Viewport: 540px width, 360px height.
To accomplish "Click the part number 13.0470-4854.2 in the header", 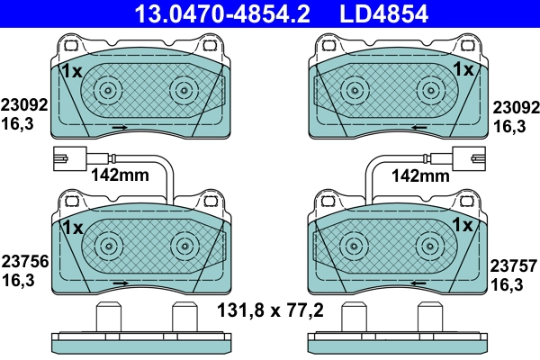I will pyautogui.click(x=209, y=13).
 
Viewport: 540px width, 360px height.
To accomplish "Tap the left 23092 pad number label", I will pyautogui.click(x=22, y=103).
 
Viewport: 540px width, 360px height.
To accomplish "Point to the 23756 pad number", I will pyautogui.click(x=22, y=263).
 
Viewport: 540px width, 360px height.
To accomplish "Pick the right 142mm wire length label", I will pyautogui.click(x=421, y=176).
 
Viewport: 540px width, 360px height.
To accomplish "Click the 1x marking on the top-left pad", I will pyautogui.click(x=72, y=69).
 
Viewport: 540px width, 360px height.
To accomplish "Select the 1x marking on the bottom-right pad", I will pyautogui.click(x=463, y=224).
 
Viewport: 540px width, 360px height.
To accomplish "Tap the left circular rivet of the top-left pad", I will pyautogui.click(x=108, y=90).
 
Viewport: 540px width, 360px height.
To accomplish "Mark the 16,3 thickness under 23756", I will pyautogui.click(x=18, y=281).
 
